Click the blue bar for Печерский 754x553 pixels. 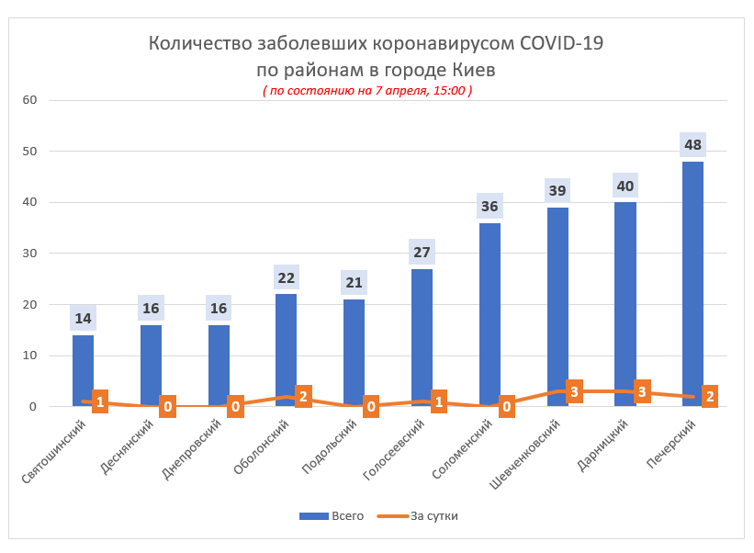[x=692, y=276]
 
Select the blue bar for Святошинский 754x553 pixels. [x=83, y=367]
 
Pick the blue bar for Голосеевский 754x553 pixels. [x=422, y=331]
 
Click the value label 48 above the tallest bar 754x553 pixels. [x=692, y=145]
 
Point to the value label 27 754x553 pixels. [x=422, y=252]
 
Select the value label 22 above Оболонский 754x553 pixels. [x=286, y=277]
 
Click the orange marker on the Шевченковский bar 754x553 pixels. [x=574, y=392]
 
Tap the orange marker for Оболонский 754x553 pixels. [x=302, y=397]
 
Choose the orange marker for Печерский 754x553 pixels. [x=709, y=397]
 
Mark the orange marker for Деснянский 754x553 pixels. [x=167, y=407]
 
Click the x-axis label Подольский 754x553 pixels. [x=330, y=447]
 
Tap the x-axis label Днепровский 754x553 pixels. [x=193, y=450]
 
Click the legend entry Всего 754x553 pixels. [x=332, y=516]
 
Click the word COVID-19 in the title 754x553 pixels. [x=561, y=43]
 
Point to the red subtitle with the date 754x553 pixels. [x=367, y=91]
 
